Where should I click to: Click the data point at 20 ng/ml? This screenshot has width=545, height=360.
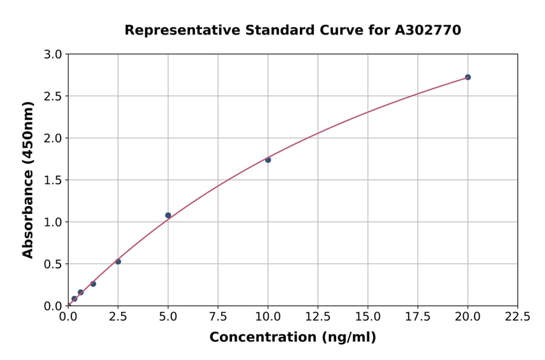pos(467,77)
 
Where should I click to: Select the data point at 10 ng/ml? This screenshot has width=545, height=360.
pos(268,160)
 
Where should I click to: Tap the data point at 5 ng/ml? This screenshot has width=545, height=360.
pos(168,215)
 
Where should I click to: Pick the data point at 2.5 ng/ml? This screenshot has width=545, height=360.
pos(118,262)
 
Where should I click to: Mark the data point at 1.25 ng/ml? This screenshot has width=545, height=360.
pos(93,284)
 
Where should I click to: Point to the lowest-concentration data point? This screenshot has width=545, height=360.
pos(74,299)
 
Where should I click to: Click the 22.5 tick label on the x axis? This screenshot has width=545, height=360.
pos(517,316)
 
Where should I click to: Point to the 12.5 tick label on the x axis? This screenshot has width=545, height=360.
pos(318,316)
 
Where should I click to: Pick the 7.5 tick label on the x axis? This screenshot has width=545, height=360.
pos(218,316)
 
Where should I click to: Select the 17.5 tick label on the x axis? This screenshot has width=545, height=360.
pos(418,316)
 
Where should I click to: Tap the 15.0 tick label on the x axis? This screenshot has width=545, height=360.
pos(368,316)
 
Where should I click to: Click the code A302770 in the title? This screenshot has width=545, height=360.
pos(428,30)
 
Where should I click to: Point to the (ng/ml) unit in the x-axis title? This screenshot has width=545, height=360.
pos(349,338)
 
